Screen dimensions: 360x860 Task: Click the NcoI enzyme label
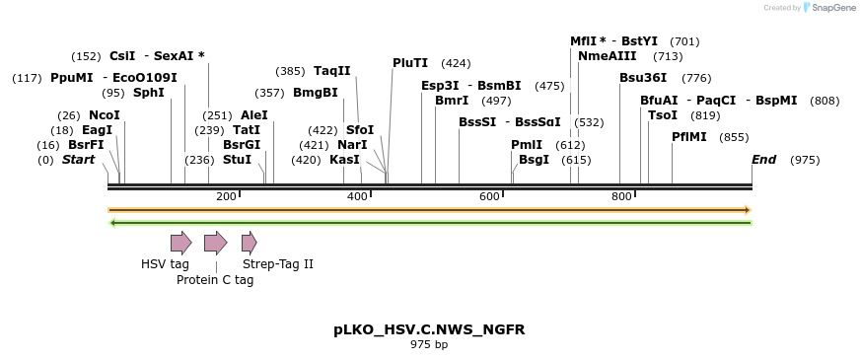(x=104, y=115)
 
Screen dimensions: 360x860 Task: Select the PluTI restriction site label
(x=410, y=63)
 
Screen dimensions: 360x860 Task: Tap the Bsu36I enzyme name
(x=643, y=78)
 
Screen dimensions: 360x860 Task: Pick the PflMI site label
(x=689, y=137)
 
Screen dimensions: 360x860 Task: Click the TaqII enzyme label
(x=332, y=71)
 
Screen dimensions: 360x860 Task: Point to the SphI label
(x=148, y=93)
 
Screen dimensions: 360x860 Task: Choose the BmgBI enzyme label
(x=316, y=93)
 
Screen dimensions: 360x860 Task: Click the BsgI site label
(x=534, y=160)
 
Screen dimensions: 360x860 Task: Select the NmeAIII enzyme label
(x=603, y=56)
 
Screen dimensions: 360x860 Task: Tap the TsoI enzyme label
(x=663, y=115)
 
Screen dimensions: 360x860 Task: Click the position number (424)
(x=456, y=63)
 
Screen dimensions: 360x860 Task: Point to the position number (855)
(x=734, y=137)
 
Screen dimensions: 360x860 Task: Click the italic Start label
(x=79, y=160)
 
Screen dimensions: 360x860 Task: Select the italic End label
(x=763, y=160)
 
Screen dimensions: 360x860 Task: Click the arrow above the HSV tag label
(x=180, y=243)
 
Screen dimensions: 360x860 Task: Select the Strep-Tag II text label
(x=278, y=264)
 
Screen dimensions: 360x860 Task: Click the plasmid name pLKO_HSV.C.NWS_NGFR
(x=429, y=329)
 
